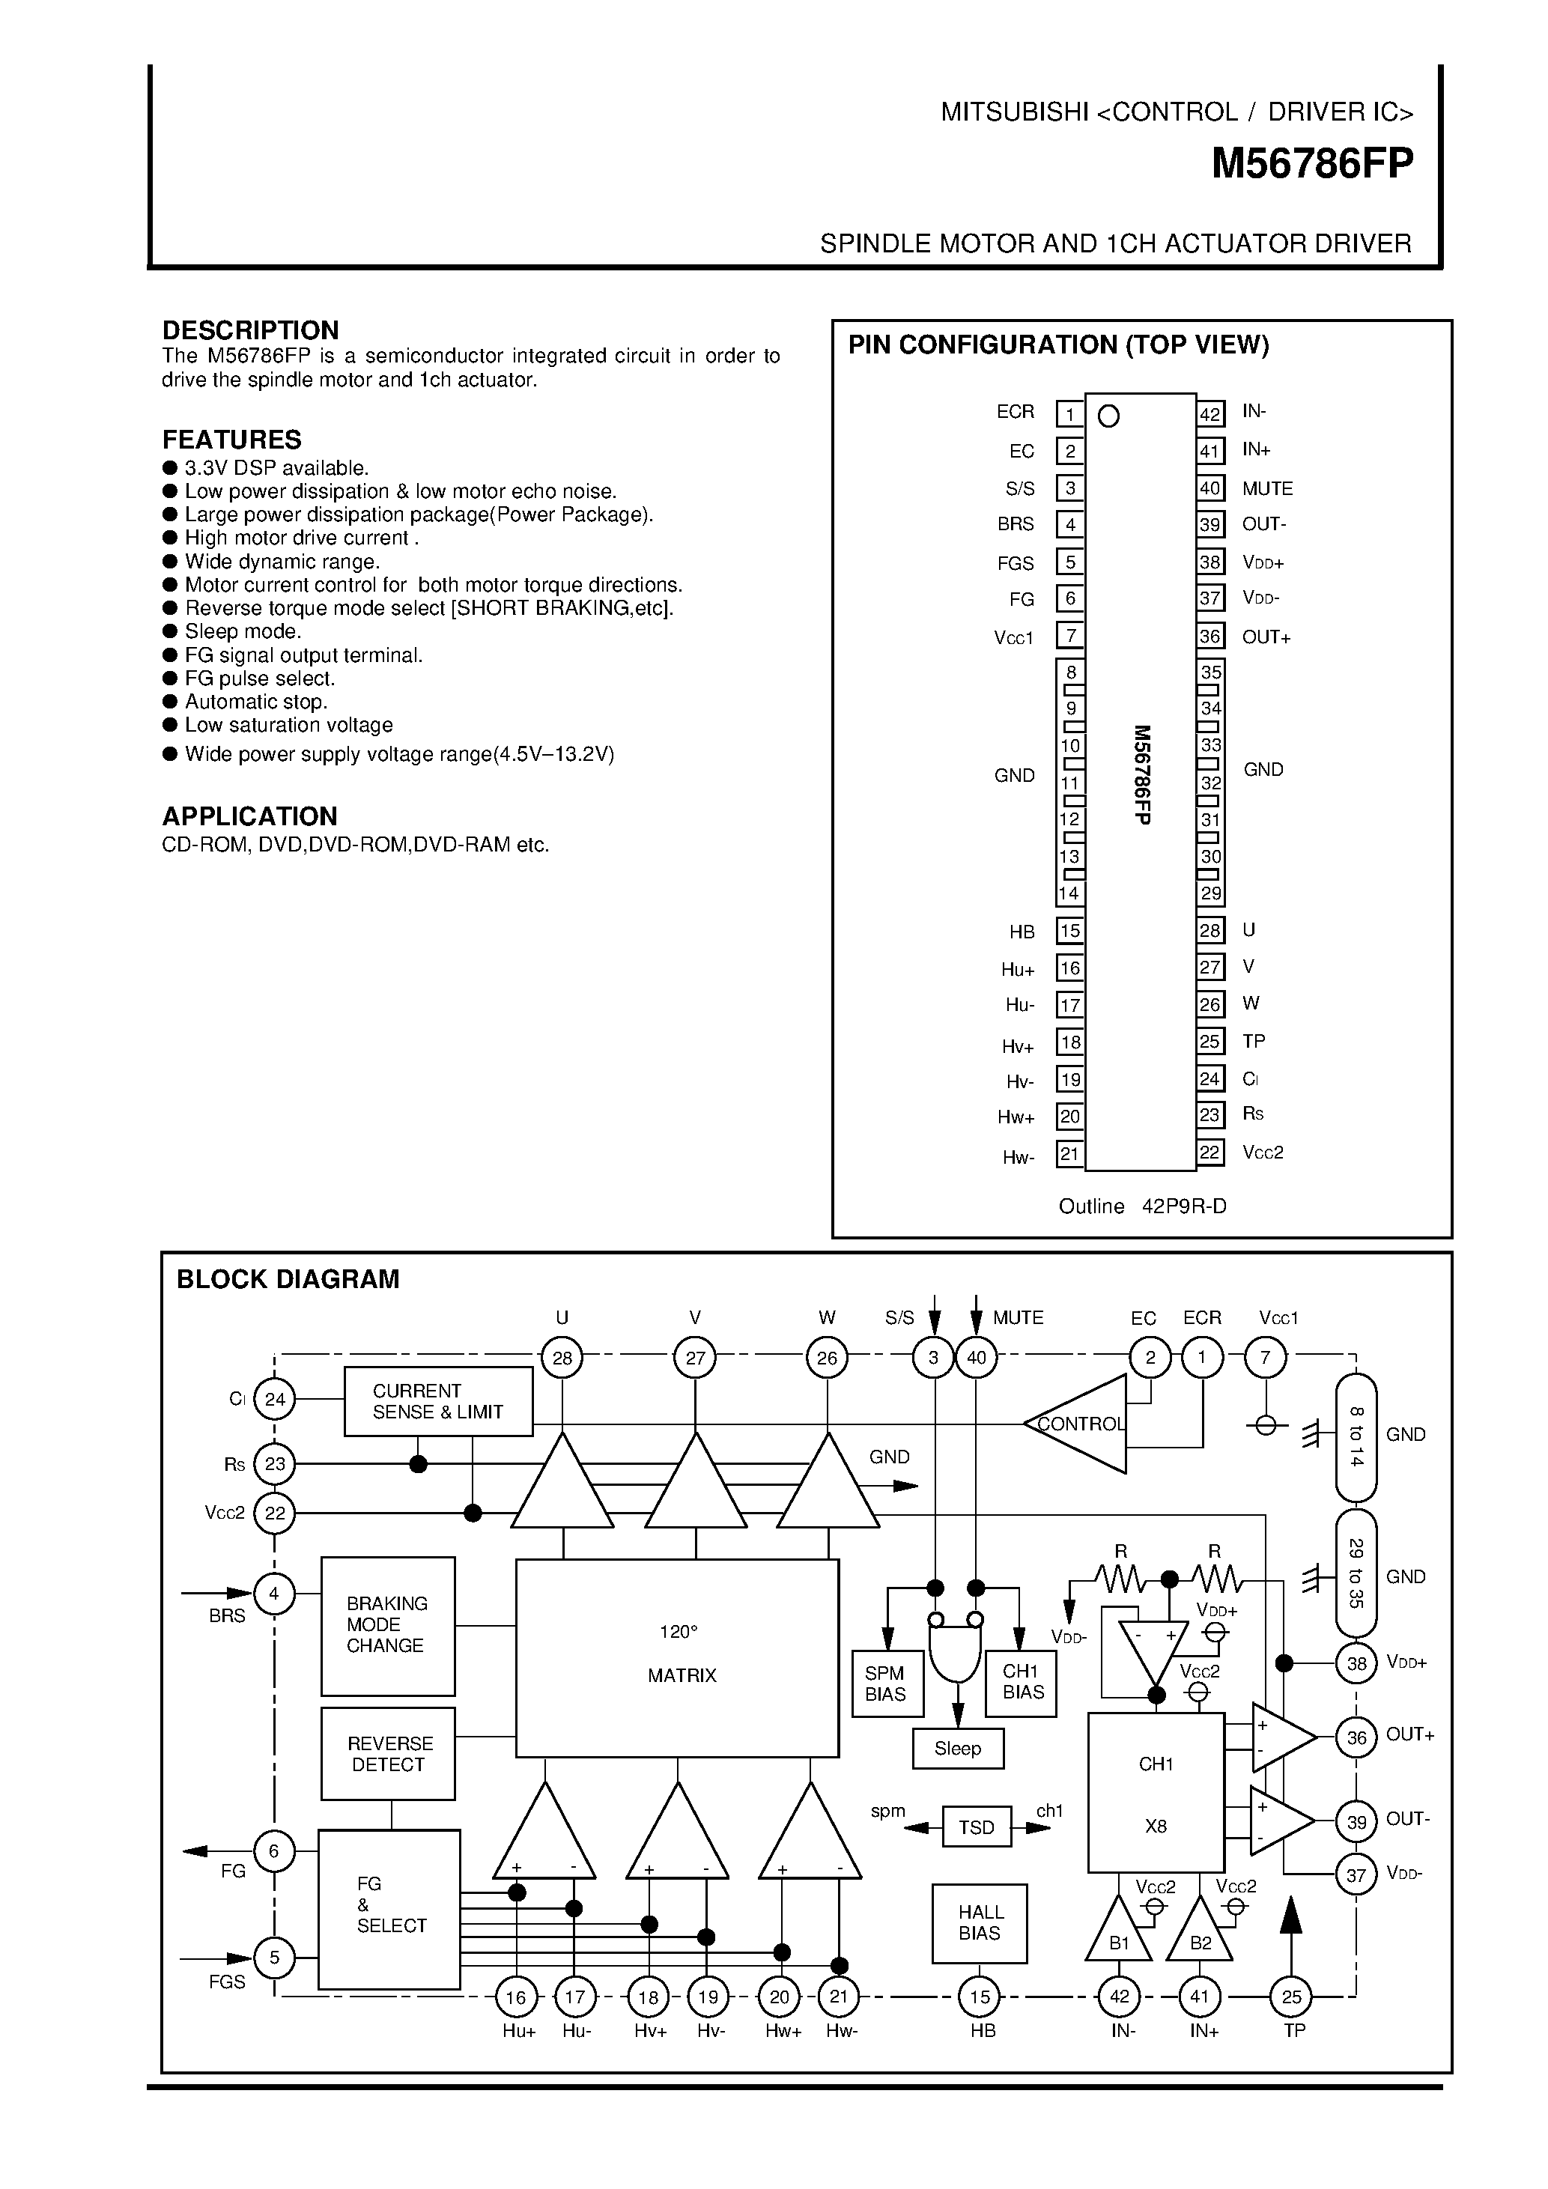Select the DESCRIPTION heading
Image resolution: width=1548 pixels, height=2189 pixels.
click(x=249, y=330)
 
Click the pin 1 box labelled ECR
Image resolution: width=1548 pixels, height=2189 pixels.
click(x=1069, y=414)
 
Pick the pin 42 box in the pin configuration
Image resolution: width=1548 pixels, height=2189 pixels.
click(x=1209, y=414)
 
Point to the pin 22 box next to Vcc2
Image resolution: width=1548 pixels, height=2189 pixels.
click(x=1209, y=1152)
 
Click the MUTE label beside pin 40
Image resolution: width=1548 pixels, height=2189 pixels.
click(x=1267, y=488)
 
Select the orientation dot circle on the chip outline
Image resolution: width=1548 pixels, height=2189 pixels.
click(x=1108, y=416)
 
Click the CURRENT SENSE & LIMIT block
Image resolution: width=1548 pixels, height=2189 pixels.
click(x=437, y=1400)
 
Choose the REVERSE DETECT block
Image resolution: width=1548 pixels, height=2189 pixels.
click(x=387, y=1753)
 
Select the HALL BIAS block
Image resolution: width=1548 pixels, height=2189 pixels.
click(x=979, y=1922)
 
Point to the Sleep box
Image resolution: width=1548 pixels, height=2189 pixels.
click(x=957, y=1748)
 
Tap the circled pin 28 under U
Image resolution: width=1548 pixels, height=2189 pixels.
click(x=562, y=1357)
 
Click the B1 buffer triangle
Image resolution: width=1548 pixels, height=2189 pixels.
click(x=1119, y=1934)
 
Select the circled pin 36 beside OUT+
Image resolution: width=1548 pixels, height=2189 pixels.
click(x=1356, y=1737)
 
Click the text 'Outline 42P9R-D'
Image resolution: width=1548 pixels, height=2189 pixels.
click(x=1142, y=1206)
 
